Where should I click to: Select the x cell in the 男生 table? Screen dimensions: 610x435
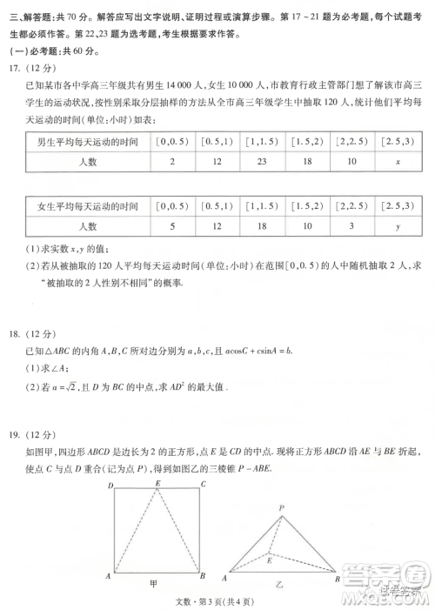click(x=397, y=163)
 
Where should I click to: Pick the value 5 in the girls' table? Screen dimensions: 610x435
click(x=172, y=226)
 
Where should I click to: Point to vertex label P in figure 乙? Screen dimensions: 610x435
click(x=281, y=507)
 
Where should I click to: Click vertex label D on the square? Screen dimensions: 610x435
click(x=109, y=485)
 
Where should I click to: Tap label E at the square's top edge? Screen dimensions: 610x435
click(x=157, y=483)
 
